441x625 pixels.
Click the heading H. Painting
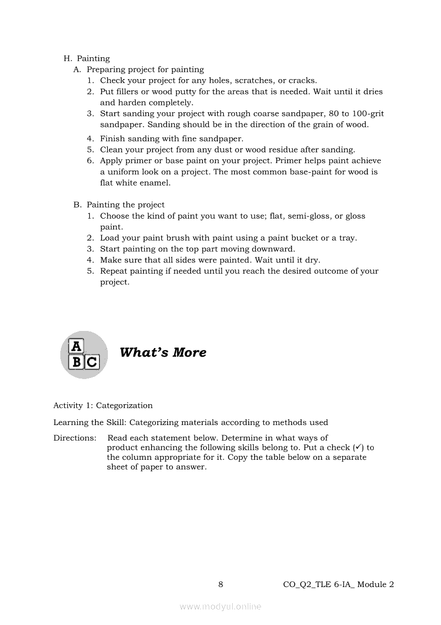[86, 58]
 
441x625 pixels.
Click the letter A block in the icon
[77, 346]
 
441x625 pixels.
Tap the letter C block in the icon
[92, 362]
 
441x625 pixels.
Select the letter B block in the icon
[77, 362]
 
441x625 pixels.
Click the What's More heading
[163, 352]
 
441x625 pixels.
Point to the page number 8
[220, 584]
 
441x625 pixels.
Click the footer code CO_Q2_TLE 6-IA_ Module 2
[338, 584]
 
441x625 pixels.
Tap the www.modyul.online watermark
[220, 606]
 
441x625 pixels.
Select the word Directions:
[75, 438]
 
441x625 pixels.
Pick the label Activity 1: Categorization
[103, 405]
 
